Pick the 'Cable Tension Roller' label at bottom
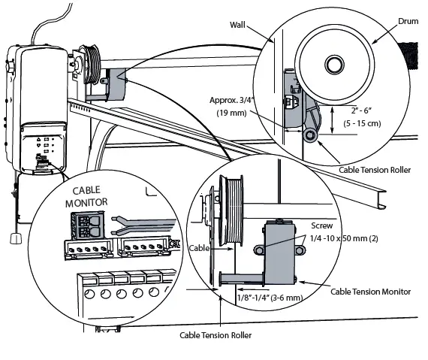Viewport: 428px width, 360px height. (215, 335)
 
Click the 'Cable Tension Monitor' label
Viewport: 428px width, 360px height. (371, 291)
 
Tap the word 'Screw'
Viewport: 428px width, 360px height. (323, 225)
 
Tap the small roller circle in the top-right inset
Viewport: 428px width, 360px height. (309, 136)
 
